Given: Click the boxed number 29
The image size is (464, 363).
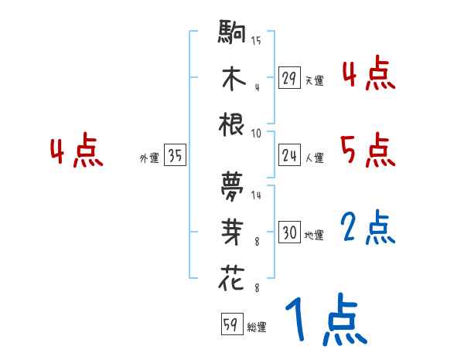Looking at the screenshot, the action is (x=289, y=78).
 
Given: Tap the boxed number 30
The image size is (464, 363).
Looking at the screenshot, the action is (x=289, y=232).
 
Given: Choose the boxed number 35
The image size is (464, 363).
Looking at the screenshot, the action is (x=175, y=157).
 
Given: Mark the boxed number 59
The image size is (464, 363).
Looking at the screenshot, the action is (x=230, y=325).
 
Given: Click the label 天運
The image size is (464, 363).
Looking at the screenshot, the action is (x=314, y=80).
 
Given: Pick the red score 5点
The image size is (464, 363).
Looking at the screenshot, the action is (x=368, y=149).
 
